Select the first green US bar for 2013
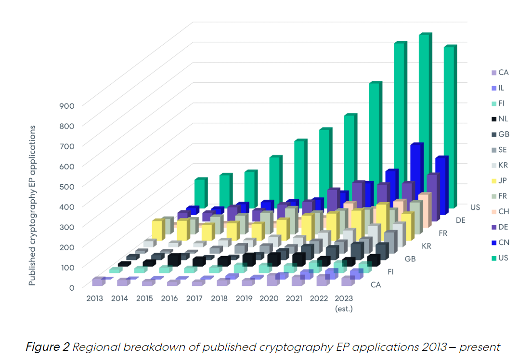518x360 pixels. pos(200,195)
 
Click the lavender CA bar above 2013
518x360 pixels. pos(98,282)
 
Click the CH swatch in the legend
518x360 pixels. pos(493,212)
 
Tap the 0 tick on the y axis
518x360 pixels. pos(71,287)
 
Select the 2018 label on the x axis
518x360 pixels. pos(219,299)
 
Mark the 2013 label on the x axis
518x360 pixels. pos(95,299)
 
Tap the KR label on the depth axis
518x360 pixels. pos(426,246)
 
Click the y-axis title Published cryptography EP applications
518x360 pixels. pos(32,206)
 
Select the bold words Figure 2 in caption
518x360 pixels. pos(47,347)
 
